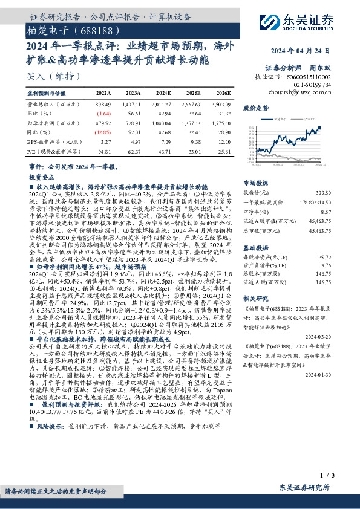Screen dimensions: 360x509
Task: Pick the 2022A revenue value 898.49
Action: (x=103, y=104)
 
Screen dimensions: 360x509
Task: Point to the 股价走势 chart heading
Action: (x=255, y=108)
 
